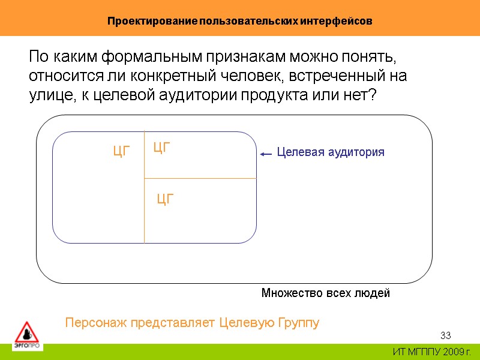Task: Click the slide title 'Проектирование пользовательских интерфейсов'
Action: coord(240,21)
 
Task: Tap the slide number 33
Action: coord(445,335)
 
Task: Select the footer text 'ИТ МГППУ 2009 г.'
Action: coord(432,352)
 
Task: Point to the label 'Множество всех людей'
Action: coord(326,293)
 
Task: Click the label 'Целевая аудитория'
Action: coord(331,152)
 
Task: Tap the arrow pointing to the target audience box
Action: coord(266,154)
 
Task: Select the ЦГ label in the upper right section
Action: coord(162,147)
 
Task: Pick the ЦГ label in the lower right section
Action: coord(165,199)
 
